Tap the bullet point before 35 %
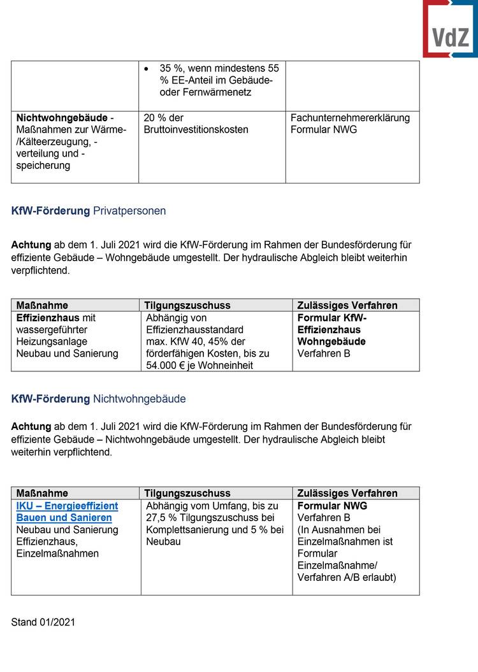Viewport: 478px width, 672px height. click(147, 68)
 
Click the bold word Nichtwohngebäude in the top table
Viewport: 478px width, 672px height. click(62, 118)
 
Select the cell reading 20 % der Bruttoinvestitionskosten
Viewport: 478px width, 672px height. click(196, 124)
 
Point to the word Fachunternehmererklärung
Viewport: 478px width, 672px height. click(350, 118)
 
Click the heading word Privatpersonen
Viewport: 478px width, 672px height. click(129, 211)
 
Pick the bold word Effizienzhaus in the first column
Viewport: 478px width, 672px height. click(47, 317)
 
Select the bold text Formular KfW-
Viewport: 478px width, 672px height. click(332, 317)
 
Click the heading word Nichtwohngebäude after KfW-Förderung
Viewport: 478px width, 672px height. click(140, 399)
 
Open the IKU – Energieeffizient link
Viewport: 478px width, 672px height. click(67, 506)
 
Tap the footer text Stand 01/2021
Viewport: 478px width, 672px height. click(43, 622)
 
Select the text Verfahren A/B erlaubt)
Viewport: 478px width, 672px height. click(347, 577)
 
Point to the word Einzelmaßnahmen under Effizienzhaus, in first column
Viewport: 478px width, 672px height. click(57, 554)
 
